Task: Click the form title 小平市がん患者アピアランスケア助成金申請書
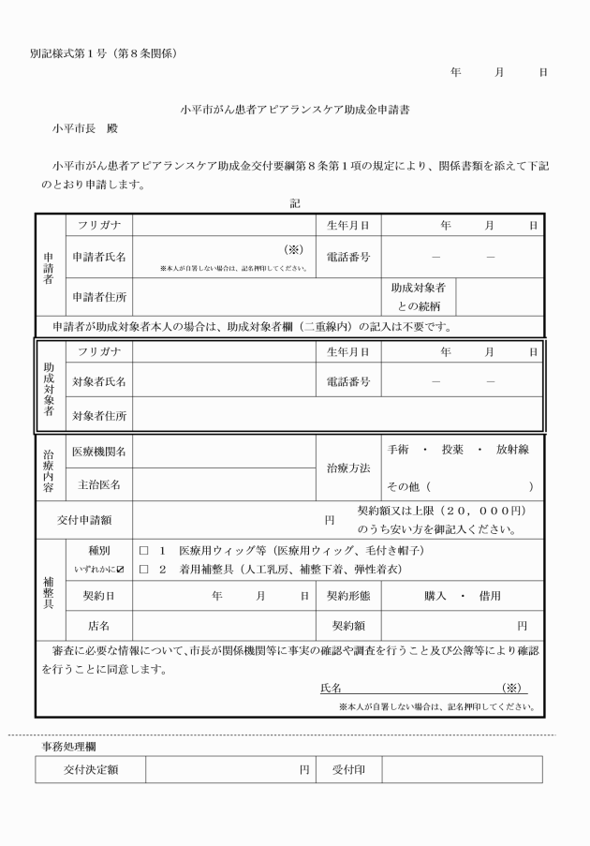pyautogui.click(x=295, y=110)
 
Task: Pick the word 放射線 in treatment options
pyautogui.click(x=514, y=450)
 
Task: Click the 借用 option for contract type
pyautogui.click(x=487, y=596)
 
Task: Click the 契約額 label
pyautogui.click(x=347, y=625)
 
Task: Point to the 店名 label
pyautogui.click(x=98, y=625)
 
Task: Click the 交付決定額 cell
pyautogui.click(x=90, y=770)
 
